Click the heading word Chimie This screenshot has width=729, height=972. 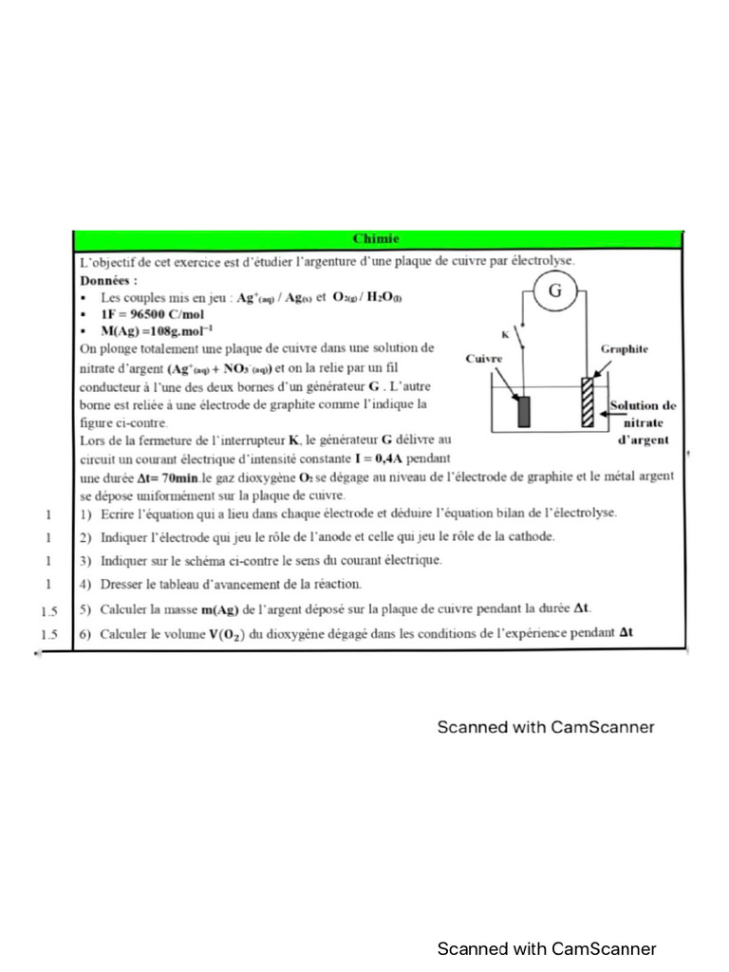377,239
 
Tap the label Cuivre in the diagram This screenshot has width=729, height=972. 484,359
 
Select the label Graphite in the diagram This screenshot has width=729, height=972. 625,349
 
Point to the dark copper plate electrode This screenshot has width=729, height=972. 523,411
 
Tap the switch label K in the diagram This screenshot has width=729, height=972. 505,334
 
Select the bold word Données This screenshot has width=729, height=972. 108,281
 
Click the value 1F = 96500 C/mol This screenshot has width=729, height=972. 153,313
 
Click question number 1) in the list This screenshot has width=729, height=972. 85,514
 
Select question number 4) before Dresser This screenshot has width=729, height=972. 85,584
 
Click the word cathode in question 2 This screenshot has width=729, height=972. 527,536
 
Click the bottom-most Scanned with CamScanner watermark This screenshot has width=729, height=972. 546,948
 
